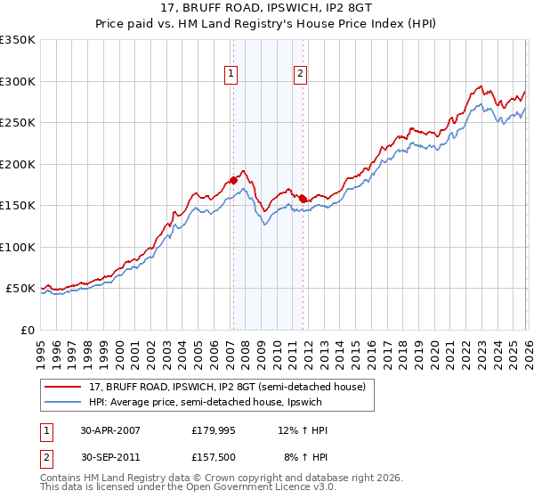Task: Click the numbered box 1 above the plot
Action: (231, 74)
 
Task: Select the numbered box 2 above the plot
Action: (301, 74)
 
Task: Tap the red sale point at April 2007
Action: (233, 180)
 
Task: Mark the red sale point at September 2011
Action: (303, 199)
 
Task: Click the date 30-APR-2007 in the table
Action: (109, 430)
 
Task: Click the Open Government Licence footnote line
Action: (187, 489)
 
